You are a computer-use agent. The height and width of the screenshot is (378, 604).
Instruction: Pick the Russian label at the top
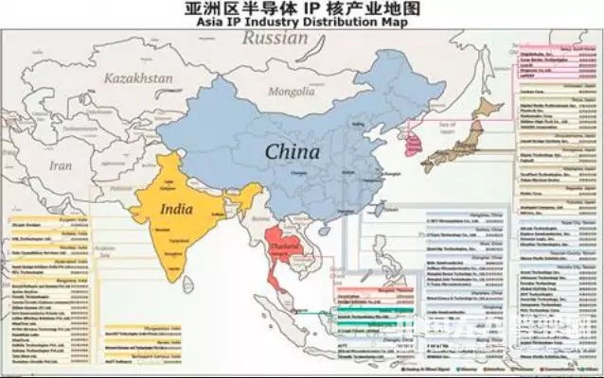[275, 38]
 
